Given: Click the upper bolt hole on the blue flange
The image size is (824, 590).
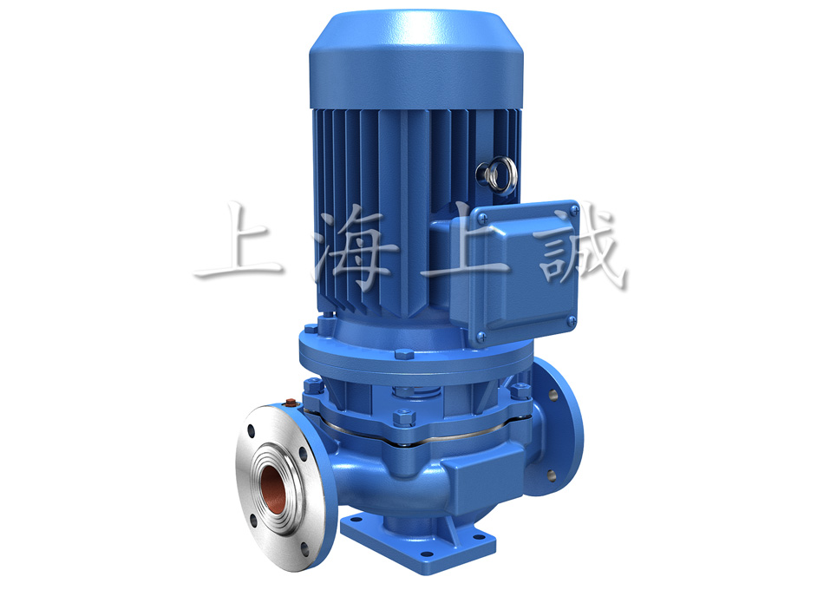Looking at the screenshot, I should tap(552, 394).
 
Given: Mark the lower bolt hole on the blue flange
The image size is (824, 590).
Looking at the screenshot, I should tap(550, 475).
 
